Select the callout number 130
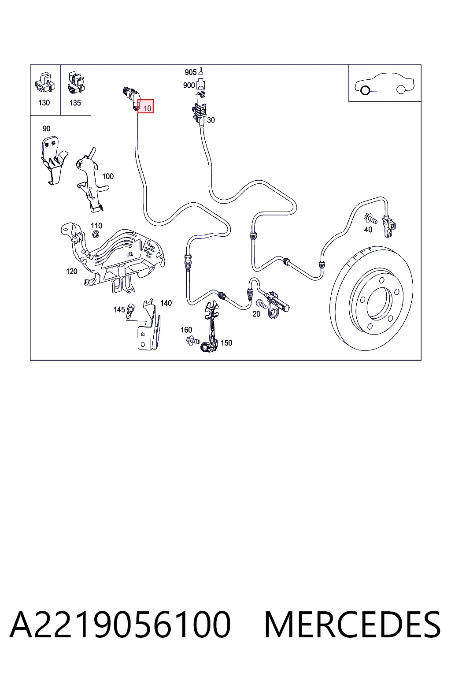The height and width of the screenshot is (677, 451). click(44, 103)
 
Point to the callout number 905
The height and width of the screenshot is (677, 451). click(190, 72)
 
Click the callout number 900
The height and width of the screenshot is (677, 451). click(189, 86)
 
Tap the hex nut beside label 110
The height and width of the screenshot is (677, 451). click(94, 234)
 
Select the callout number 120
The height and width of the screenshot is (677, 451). click(72, 272)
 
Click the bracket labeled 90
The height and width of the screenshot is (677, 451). click(53, 160)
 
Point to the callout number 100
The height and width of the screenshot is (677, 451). click(108, 176)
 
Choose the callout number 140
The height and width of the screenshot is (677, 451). click(166, 303)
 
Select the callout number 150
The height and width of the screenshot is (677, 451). click(226, 343)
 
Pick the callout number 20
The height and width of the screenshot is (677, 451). click(256, 314)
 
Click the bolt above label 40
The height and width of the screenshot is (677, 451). click(370, 218)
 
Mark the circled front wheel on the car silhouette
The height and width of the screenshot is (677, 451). click(365, 90)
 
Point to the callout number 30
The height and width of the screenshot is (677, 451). click(211, 120)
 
